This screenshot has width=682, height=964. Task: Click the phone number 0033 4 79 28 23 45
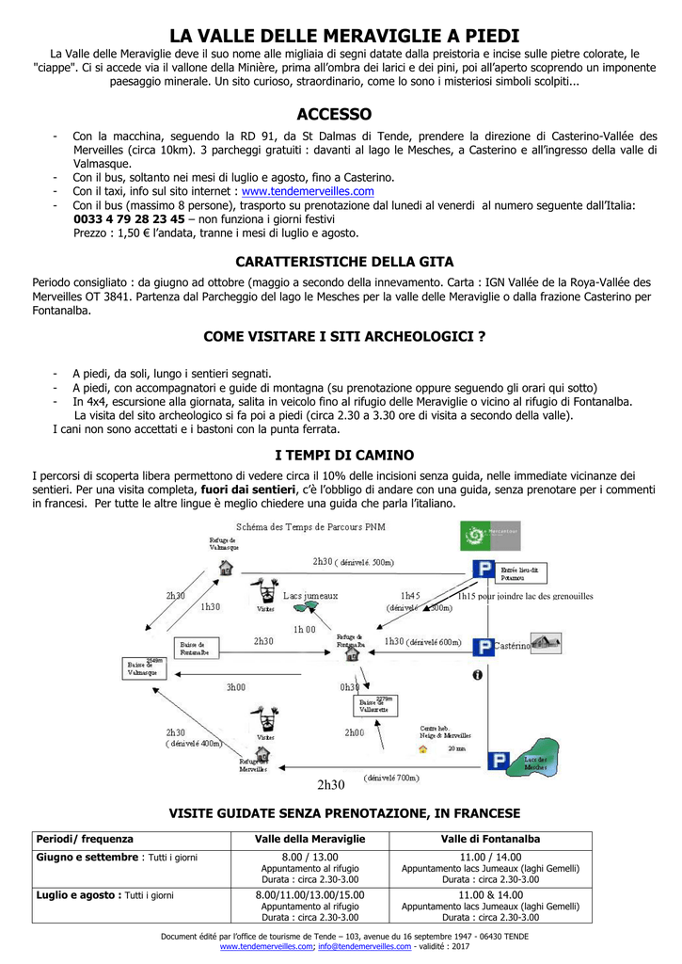[x=129, y=218]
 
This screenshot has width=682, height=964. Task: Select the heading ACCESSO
[x=334, y=114]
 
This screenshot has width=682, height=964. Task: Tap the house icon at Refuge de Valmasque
[x=225, y=568]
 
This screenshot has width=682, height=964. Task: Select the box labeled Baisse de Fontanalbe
[x=198, y=648]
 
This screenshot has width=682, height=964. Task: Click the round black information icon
[x=477, y=675]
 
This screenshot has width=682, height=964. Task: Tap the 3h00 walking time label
[x=235, y=687]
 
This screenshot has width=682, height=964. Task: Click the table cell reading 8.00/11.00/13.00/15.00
[x=309, y=894]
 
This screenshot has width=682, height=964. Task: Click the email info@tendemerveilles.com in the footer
[x=365, y=947]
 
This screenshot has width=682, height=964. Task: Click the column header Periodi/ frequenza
[x=85, y=839]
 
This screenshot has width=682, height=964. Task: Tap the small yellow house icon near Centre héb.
[x=423, y=749]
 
